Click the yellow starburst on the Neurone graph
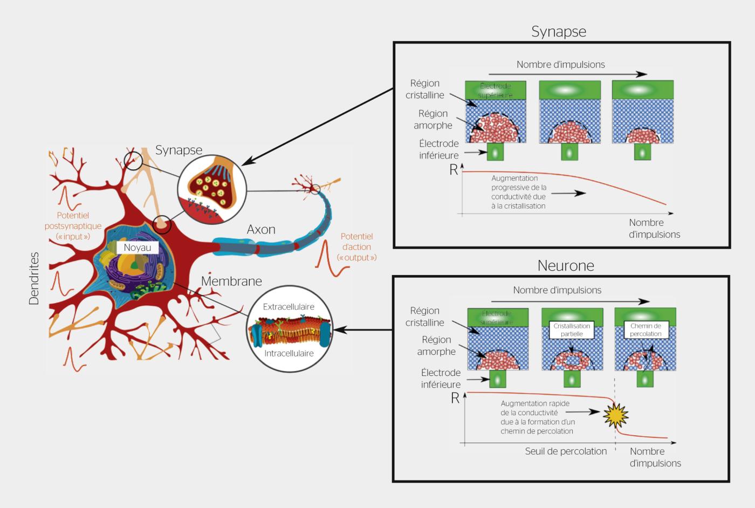615,415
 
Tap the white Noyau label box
138,248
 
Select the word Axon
261,229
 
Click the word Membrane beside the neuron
231,281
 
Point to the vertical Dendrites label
34,278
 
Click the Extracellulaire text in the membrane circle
289,307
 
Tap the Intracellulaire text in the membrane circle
289,354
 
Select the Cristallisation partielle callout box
572,330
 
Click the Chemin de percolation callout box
646,330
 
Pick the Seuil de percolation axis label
566,451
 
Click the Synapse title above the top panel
559,31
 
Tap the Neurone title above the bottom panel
566,265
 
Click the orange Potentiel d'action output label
356,247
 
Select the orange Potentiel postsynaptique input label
73,226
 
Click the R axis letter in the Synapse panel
454,170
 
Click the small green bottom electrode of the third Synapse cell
642,152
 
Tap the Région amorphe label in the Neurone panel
436,346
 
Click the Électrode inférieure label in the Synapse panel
439,149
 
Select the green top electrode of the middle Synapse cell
569,90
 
